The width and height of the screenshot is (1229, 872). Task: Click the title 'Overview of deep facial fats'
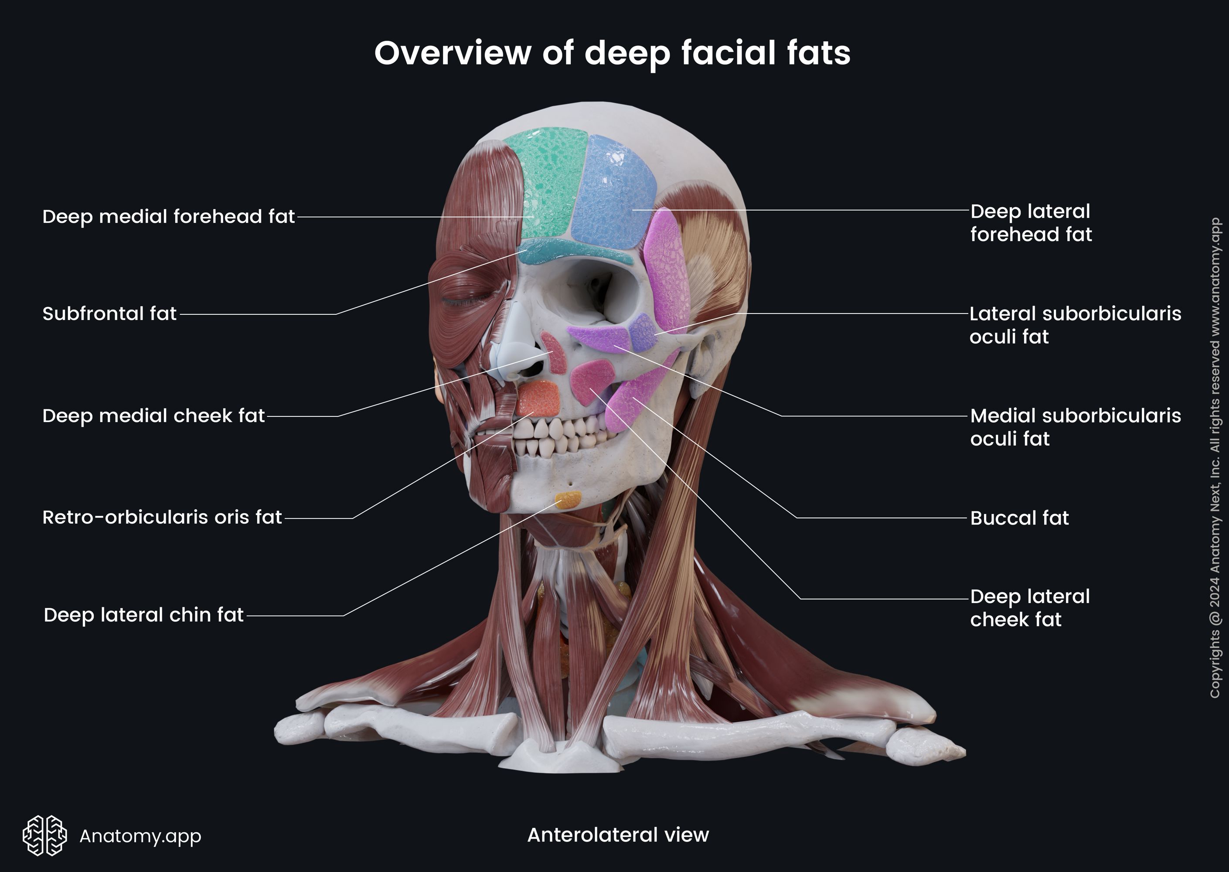612,53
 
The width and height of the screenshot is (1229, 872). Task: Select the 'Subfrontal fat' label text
109,314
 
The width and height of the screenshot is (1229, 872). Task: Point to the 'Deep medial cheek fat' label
153,416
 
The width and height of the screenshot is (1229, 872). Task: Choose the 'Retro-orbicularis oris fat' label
162,518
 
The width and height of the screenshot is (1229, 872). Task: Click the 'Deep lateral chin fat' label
143,615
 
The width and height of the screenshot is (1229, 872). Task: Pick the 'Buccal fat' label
1019,518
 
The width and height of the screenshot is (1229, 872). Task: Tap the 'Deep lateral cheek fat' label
1030,608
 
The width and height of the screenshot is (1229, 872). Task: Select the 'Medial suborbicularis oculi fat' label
1075,427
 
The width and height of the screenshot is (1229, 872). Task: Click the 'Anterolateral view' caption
618,835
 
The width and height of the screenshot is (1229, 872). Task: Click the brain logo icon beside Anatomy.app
44,835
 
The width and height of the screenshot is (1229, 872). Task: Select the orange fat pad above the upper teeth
538,399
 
